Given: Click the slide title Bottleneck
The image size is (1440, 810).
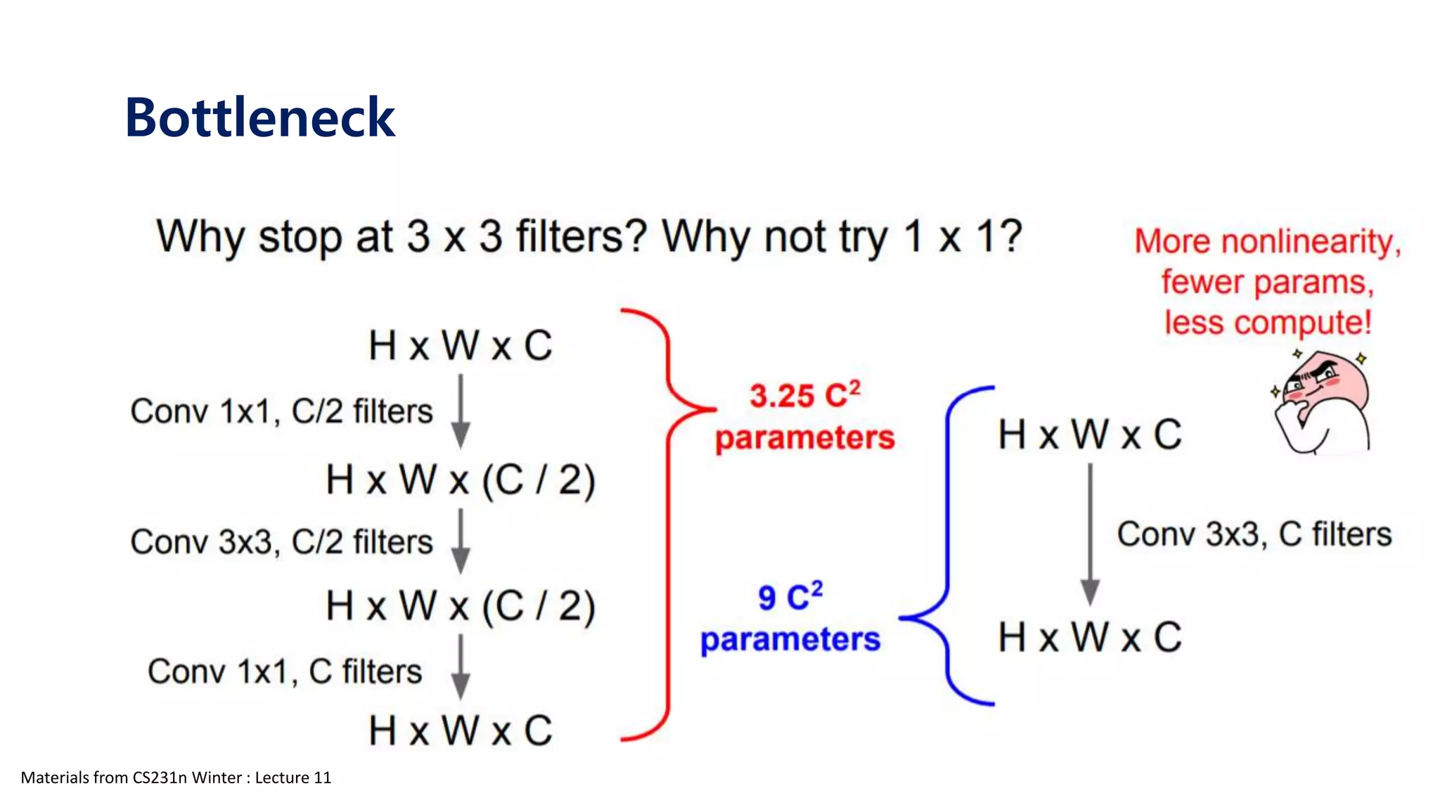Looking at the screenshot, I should pos(259,117).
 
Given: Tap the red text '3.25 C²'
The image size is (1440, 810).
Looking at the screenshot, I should pos(804,395).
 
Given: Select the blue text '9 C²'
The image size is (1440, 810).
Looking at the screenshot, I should pos(790,597).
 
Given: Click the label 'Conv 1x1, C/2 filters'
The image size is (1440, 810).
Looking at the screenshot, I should pos(281,411).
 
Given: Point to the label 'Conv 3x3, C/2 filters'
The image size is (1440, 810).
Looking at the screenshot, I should pos(281,542).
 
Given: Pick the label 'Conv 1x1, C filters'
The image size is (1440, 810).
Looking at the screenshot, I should pos(285,671).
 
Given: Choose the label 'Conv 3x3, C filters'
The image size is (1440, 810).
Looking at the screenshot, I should pos(1254,534).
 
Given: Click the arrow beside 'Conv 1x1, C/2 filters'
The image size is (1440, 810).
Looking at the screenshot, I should pos(461,411).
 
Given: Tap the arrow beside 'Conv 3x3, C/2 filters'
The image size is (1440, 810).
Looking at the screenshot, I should pos(461,541).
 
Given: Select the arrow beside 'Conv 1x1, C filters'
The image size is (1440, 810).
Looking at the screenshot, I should pos(461,667).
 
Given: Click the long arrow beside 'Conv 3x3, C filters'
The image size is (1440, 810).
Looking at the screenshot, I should pos(1090,534).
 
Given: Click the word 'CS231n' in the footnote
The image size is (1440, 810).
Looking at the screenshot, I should pos(160,778).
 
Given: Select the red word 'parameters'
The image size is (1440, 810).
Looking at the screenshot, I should pos(804,438).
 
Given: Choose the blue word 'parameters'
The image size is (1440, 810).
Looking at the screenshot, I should pos(790,640).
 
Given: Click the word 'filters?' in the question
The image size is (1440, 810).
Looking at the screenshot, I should pos(581,236).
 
